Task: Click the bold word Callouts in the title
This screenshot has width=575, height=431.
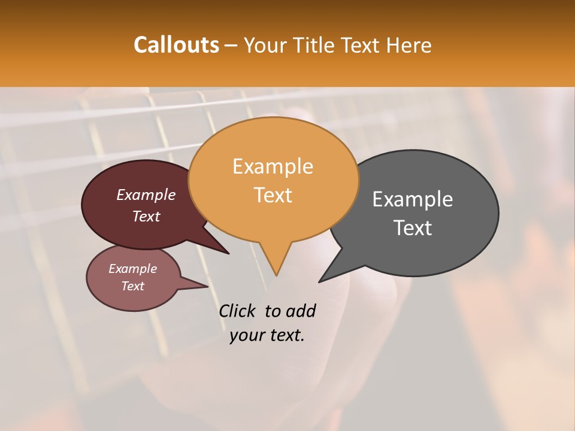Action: tap(176, 45)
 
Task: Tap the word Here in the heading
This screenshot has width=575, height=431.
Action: tap(409, 45)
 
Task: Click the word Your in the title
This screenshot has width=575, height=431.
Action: tap(266, 45)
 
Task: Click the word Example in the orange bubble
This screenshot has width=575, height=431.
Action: tap(273, 166)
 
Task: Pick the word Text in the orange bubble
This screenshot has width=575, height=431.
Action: tap(273, 195)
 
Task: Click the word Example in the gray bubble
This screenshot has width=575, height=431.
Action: tap(413, 199)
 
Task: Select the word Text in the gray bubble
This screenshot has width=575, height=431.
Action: tap(413, 228)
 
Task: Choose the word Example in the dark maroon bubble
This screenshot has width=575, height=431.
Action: tap(146, 195)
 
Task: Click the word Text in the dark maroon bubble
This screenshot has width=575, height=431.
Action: tap(146, 216)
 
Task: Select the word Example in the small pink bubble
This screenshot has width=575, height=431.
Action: tap(133, 269)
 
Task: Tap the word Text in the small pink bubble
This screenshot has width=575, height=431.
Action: tap(133, 286)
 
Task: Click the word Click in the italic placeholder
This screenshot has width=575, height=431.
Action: tap(238, 311)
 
